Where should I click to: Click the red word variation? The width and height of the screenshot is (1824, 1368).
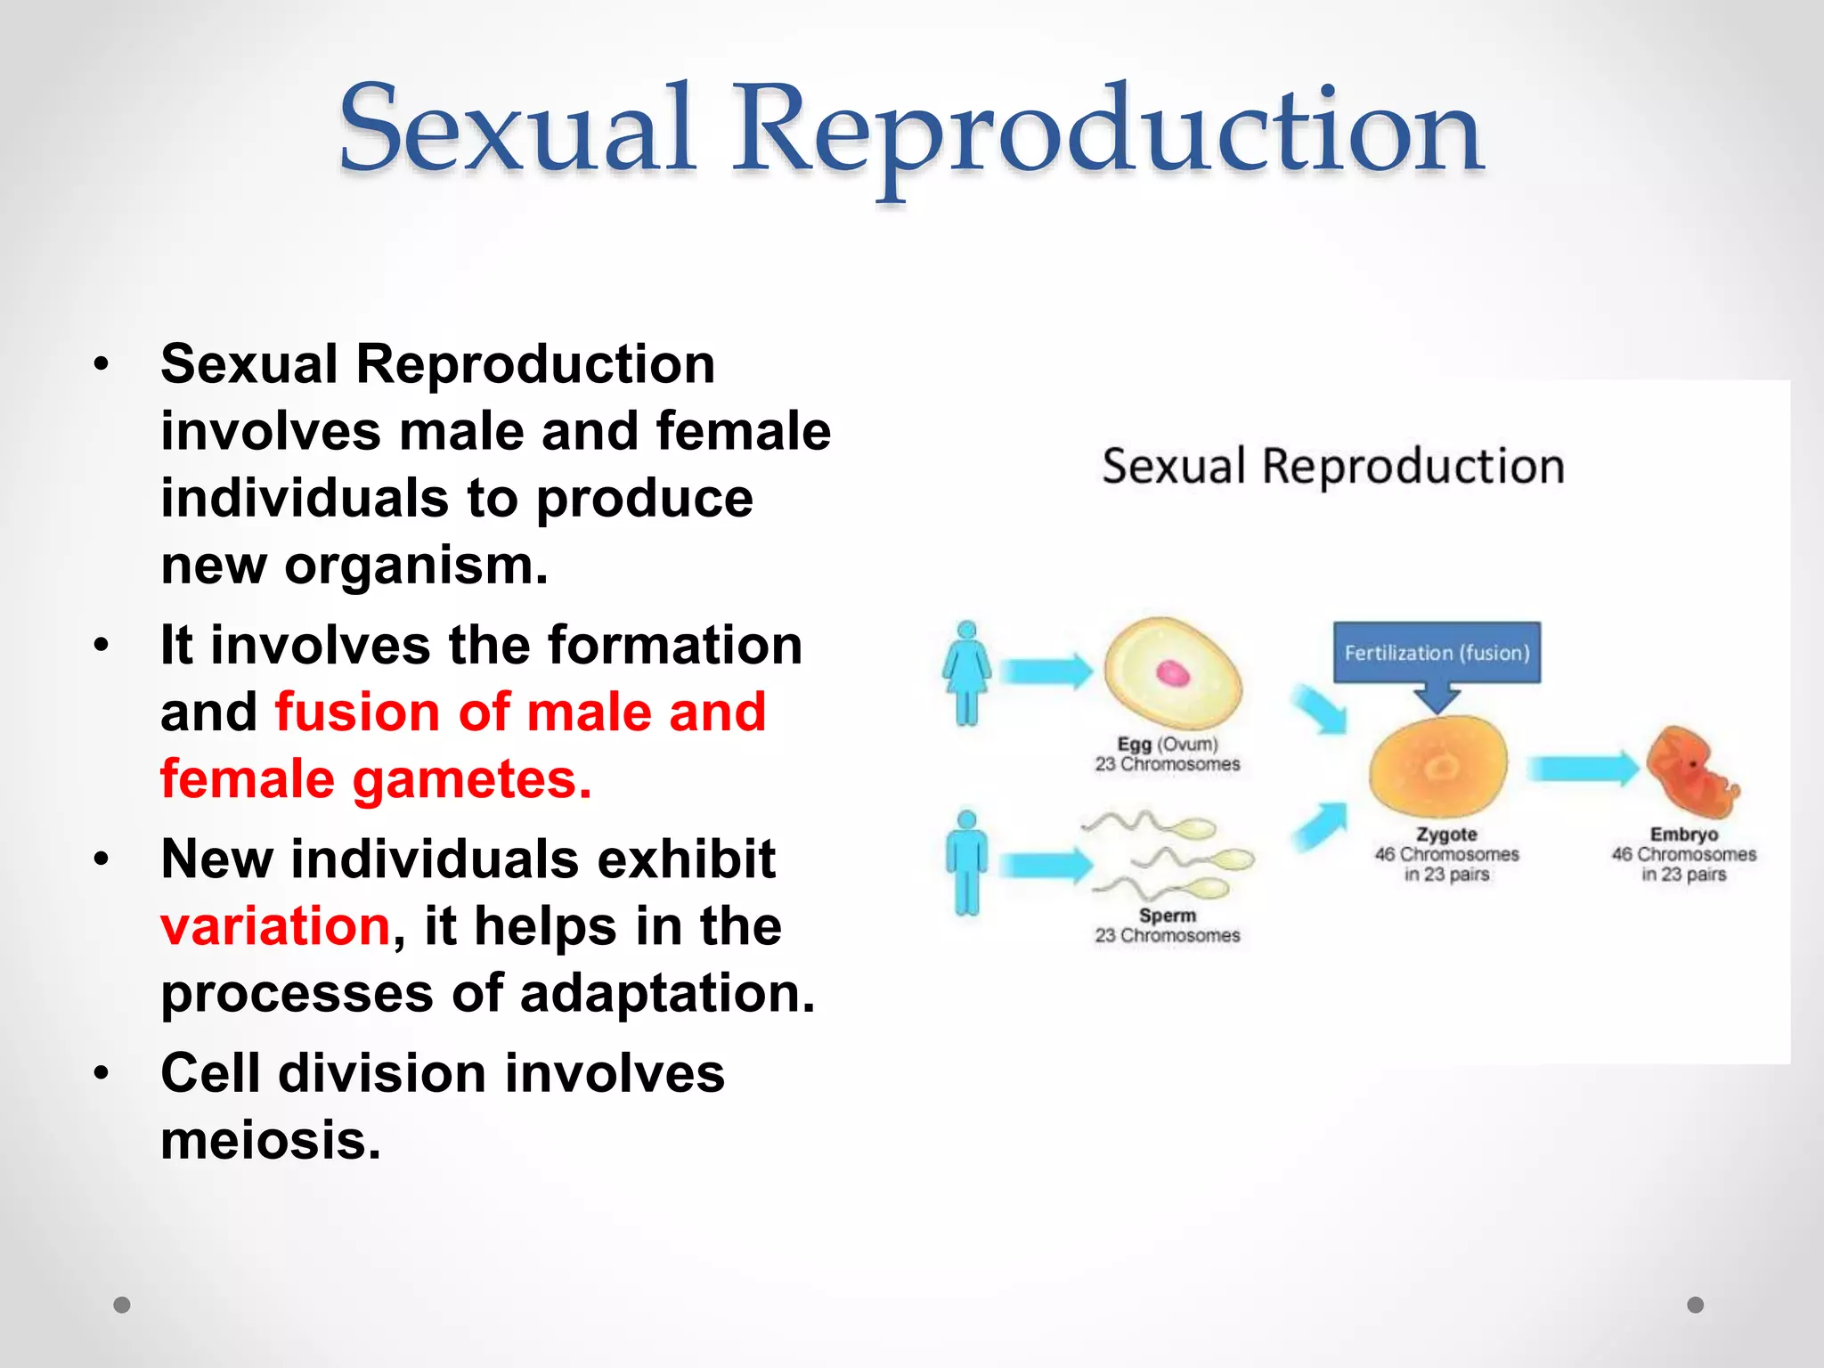pyautogui.click(x=275, y=926)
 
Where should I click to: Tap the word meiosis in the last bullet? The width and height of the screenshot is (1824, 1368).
pyautogui.click(x=271, y=1140)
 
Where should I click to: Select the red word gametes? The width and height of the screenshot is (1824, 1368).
pyautogui.click(x=471, y=780)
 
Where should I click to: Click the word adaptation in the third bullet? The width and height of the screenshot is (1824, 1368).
pyautogui.click(x=667, y=993)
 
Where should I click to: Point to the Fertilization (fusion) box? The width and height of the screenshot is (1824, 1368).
pyautogui.click(x=1437, y=653)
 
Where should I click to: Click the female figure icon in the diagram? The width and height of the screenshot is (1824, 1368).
pyautogui.click(x=966, y=672)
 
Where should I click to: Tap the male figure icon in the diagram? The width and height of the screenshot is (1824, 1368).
pyautogui.click(x=966, y=862)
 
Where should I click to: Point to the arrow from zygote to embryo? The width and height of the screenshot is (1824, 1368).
pyautogui.click(x=1582, y=769)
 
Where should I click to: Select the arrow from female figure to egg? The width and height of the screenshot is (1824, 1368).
pyautogui.click(x=1045, y=672)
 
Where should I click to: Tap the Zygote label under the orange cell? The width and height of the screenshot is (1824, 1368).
pyautogui.click(x=1446, y=835)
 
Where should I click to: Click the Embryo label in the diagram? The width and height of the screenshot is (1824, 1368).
pyautogui.click(x=1683, y=835)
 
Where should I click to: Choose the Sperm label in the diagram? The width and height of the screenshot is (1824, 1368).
pyautogui.click(x=1167, y=916)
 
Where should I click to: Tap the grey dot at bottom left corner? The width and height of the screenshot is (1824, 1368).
pyautogui.click(x=122, y=1305)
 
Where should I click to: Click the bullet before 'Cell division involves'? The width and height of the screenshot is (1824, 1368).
pyautogui.click(x=102, y=1073)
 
